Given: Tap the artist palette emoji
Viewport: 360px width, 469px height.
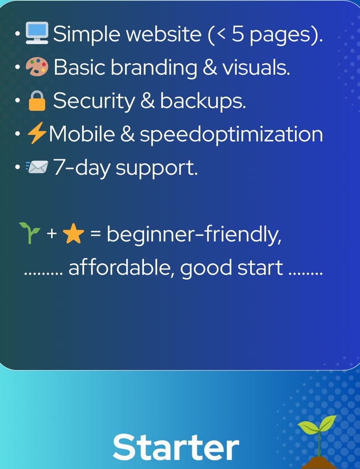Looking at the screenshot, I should pos(37,67).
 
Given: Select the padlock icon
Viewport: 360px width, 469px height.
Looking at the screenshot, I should pos(37,101).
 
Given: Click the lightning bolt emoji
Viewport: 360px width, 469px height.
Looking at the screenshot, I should pos(37,135).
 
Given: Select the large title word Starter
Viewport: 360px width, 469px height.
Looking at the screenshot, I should pos(176,447).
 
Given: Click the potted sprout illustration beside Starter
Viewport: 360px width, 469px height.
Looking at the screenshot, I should pos(318,440).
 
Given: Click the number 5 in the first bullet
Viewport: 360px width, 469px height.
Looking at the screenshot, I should pos(238,34).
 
